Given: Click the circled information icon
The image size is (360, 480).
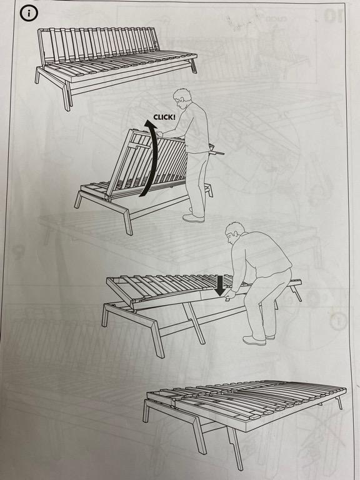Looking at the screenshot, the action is [x=29, y=14].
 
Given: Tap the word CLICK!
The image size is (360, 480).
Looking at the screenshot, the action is [x=164, y=117].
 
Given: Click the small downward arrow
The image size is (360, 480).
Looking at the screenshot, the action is [x=220, y=286].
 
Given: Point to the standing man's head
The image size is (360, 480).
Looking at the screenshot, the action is [x=182, y=97].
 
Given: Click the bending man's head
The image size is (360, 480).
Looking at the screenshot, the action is [x=234, y=233].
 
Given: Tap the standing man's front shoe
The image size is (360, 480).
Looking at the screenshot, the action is [x=193, y=218].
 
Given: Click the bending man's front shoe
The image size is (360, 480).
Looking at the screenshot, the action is [x=254, y=340].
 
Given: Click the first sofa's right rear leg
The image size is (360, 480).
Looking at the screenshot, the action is [x=193, y=66].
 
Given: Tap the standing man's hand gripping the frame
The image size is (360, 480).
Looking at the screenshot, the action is [x=159, y=134].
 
